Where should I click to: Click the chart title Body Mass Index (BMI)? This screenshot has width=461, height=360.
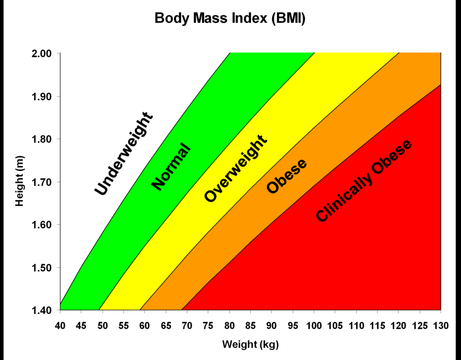point(230,19)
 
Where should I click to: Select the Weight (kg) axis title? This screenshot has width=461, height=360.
point(250,344)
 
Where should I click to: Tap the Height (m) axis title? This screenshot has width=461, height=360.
point(19,181)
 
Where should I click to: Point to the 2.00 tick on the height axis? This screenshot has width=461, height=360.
point(43,53)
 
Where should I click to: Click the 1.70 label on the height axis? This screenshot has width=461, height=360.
point(43,182)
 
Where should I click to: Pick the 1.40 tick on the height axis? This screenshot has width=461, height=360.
point(43,310)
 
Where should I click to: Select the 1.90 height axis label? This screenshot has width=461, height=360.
point(43,96)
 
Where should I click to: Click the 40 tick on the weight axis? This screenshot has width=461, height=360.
point(60,325)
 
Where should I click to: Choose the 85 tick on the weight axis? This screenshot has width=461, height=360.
point(251,325)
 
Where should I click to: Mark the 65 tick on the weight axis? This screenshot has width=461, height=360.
point(166,325)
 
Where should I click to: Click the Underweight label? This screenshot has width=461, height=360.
point(123,154)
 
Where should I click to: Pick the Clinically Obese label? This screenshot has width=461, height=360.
point(364,181)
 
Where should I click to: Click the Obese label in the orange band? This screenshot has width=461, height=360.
point(287,177)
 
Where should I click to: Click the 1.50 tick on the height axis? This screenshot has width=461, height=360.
point(43,267)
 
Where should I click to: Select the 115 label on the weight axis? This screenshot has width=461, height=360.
point(377,325)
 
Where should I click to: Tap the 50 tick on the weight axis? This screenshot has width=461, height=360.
point(102,325)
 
